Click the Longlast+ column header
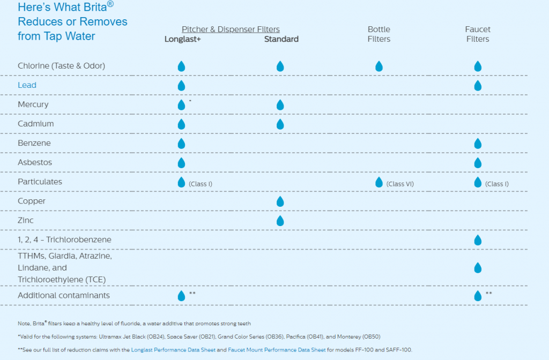pyautogui.click(x=182, y=39)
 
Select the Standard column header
pyautogui.click(x=281, y=39)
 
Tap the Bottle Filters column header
pyautogui.click(x=379, y=34)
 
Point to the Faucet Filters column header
pyautogui.click(x=477, y=34)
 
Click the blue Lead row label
pyautogui.click(x=27, y=85)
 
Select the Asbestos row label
pyautogui.click(x=35, y=162)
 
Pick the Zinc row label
pyautogui.click(x=26, y=220)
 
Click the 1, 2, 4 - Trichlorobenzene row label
pyautogui.click(x=64, y=239)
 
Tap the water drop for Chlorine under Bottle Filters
pyautogui.click(x=379, y=66)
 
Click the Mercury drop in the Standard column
pyautogui.click(x=280, y=105)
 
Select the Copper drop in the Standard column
pyautogui.click(x=280, y=201)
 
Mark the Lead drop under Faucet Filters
pyautogui.click(x=477, y=86)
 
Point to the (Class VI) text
pyautogui.click(x=400, y=184)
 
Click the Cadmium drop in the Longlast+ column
pyautogui.click(x=181, y=124)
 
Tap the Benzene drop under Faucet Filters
pyautogui.click(x=477, y=144)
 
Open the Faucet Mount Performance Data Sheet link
pyautogui.click(x=277, y=349)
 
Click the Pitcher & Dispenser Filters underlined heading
pyautogui.click(x=231, y=29)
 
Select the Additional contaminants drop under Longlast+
pyautogui.click(x=181, y=296)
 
